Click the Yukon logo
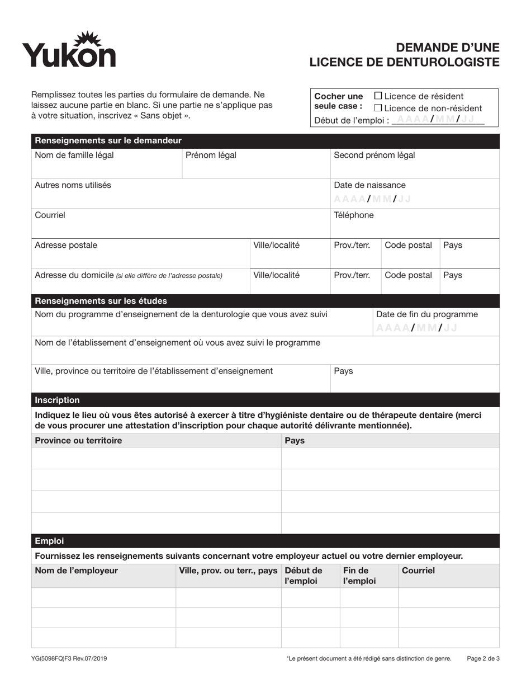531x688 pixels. click(x=69, y=50)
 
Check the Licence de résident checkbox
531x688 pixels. click(x=378, y=96)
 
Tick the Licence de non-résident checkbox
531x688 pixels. click(x=378, y=108)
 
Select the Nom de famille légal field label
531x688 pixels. click(x=74, y=155)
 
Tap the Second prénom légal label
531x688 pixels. click(x=374, y=155)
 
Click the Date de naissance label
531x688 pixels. click(x=369, y=185)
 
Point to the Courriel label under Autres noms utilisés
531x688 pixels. click(x=50, y=215)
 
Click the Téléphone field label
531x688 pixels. click(x=354, y=215)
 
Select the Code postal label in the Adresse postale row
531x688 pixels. click(x=408, y=245)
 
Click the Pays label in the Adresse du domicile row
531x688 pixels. click(x=452, y=275)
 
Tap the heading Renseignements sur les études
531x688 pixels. click(x=101, y=301)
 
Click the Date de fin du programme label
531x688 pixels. click(x=427, y=314)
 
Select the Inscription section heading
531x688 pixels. click(x=57, y=400)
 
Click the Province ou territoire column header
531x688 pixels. click(x=78, y=441)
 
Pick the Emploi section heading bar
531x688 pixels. click(x=49, y=541)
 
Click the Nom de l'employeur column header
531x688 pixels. click(x=76, y=571)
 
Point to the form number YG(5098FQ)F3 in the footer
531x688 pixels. click(x=69, y=658)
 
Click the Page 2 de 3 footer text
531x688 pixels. click(x=483, y=658)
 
